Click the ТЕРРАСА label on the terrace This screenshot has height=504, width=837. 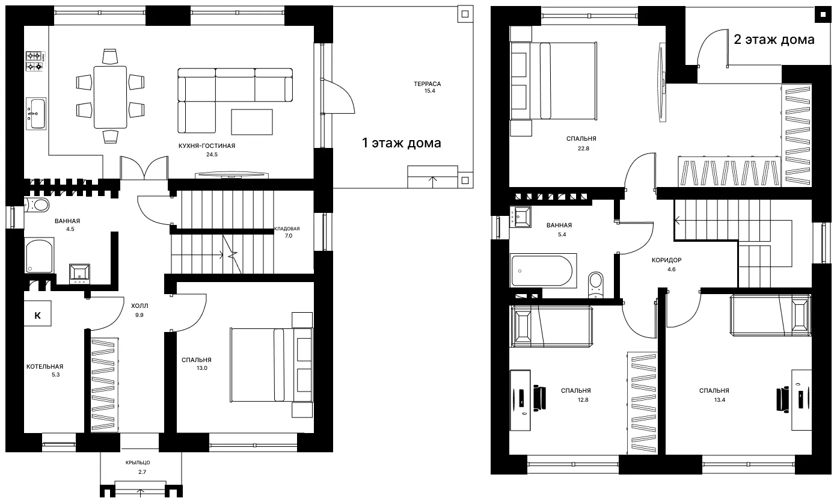[x=427, y=84]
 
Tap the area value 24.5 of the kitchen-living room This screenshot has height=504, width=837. [x=212, y=155]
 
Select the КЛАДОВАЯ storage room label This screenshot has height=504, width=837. [x=287, y=229]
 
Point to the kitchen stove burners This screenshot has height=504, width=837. [x=35, y=61]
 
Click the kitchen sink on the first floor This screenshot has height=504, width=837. [x=36, y=114]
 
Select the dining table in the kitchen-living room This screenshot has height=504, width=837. [x=110, y=97]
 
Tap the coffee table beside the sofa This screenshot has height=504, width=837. [x=252, y=122]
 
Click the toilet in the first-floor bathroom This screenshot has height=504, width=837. [x=37, y=205]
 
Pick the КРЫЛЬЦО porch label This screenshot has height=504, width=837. [x=138, y=463]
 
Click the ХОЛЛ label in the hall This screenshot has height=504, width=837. [x=139, y=306]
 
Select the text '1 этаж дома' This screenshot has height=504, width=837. [x=402, y=143]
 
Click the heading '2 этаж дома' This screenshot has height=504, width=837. [x=774, y=39]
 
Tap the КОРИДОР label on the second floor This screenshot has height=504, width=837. [x=667, y=260]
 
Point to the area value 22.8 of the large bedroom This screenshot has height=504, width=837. [x=583, y=149]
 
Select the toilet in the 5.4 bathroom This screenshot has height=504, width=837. [x=596, y=284]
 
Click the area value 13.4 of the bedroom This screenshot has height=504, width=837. [x=720, y=400]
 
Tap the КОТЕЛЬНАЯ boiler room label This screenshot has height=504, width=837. [x=45, y=366]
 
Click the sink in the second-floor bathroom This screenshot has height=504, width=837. [x=521, y=217]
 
